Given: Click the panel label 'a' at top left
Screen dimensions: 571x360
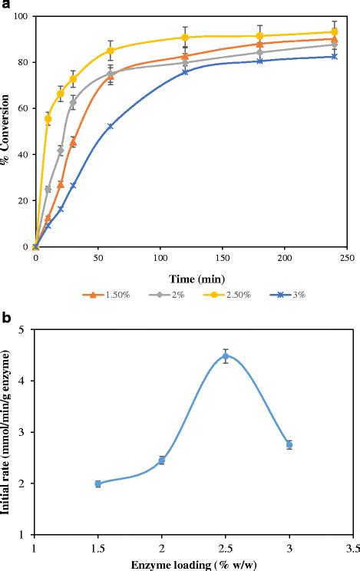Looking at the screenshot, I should pos(6,6).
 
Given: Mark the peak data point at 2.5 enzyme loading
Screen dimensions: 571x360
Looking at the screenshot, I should pos(226,356).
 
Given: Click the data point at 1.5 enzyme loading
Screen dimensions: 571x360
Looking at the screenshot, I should pos(98,484).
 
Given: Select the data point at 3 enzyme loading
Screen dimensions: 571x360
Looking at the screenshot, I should pos(289,444).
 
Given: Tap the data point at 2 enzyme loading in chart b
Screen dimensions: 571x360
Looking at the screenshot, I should pos(162,460).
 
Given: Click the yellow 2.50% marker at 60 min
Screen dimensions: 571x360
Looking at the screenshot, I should pos(111,50).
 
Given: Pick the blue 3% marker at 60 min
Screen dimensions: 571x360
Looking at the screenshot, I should pos(111,126).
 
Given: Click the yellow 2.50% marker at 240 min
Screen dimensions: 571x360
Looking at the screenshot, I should pos(334,32).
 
